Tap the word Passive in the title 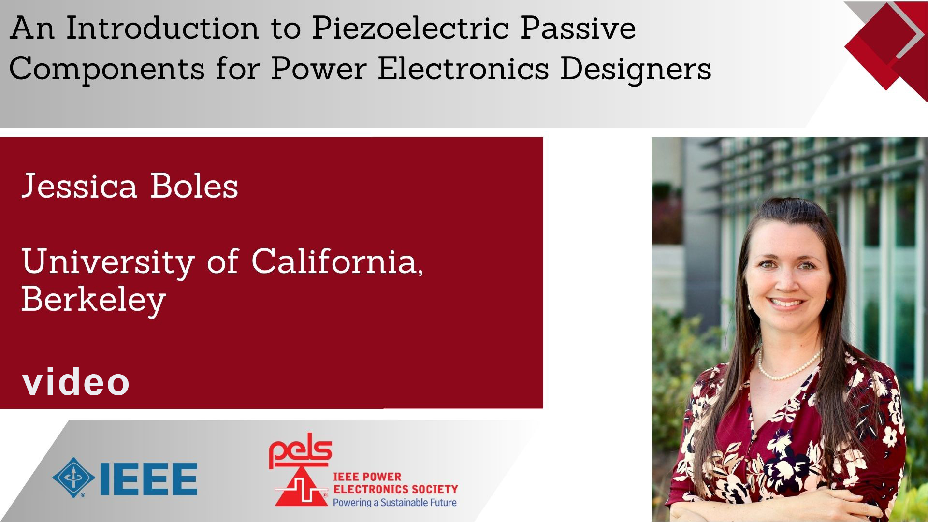click(578, 29)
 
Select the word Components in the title click(107, 70)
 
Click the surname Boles click(194, 186)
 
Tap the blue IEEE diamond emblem click(73, 478)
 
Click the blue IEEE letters click(148, 479)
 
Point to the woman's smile click(786, 304)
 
